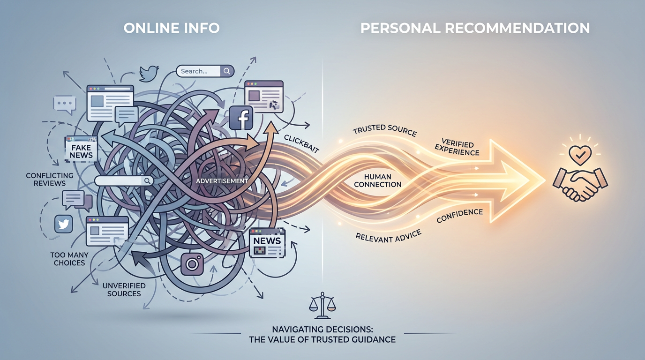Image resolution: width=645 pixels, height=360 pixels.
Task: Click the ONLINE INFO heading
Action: tap(172, 28)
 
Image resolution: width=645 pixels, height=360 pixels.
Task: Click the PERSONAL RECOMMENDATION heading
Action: tap(475, 28)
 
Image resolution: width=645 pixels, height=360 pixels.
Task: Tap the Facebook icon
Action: tap(242, 118)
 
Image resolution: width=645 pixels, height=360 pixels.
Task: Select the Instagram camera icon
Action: tap(192, 264)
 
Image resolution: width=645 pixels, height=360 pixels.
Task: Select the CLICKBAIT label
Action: tap(301, 144)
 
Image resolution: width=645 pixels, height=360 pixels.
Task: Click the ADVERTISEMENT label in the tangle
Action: tap(222, 181)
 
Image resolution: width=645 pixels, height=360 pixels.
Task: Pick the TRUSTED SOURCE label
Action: tap(384, 130)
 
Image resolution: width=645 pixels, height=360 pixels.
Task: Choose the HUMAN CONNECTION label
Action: tap(378, 180)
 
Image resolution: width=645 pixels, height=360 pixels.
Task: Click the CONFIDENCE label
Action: tap(459, 216)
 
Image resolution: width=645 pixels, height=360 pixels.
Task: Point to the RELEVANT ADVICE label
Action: tap(389, 236)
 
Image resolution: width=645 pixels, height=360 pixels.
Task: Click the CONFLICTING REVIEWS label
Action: tap(50, 179)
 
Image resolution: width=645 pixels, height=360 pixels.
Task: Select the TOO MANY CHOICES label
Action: tap(69, 259)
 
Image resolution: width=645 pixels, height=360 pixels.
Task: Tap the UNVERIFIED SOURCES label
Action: tap(124, 289)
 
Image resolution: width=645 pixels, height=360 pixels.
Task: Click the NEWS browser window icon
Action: tap(267, 242)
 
